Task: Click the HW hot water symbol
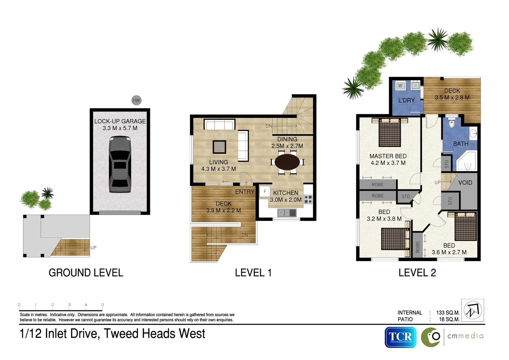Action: tap(136, 100)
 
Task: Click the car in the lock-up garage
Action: tap(120, 164)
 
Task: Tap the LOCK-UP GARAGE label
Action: tap(120, 121)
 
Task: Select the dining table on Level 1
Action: tap(287, 162)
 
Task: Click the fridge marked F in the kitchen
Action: tap(265, 192)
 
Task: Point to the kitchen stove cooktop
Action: tap(308, 199)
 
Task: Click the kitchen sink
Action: tap(287, 212)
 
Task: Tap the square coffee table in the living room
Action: tap(219, 147)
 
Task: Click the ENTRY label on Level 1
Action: tap(245, 192)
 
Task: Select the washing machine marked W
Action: tap(400, 86)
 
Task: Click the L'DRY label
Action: tap(406, 100)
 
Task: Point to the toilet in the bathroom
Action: tap(452, 123)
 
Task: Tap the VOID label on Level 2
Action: tap(465, 183)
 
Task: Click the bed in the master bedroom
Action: tap(390, 132)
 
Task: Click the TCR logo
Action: tap(400, 337)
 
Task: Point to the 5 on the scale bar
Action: tap(103, 305)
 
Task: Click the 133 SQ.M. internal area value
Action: tap(448, 313)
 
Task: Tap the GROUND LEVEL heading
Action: tap(86, 273)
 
